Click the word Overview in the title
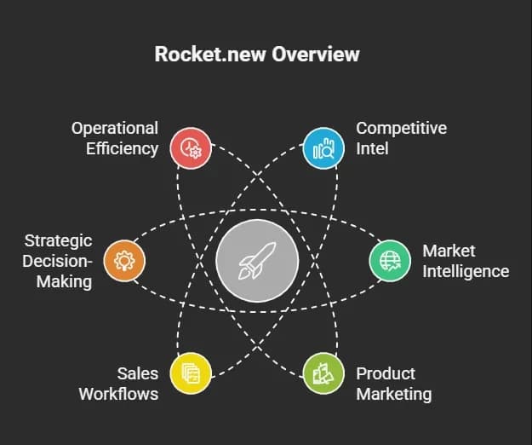(315, 54)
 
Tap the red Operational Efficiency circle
(191, 148)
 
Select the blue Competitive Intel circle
(323, 148)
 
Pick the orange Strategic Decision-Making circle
(124, 261)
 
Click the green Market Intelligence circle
(390, 261)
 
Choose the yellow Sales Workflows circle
(191, 373)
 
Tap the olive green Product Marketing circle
(323, 373)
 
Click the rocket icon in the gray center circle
(257, 261)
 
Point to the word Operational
(115, 129)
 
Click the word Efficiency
(122, 149)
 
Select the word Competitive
(402, 129)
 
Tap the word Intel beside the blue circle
(372, 148)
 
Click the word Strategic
(59, 241)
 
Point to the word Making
(64, 281)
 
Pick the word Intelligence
(466, 272)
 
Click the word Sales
(138, 373)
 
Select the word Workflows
(119, 394)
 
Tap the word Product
(386, 373)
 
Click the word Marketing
(394, 395)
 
